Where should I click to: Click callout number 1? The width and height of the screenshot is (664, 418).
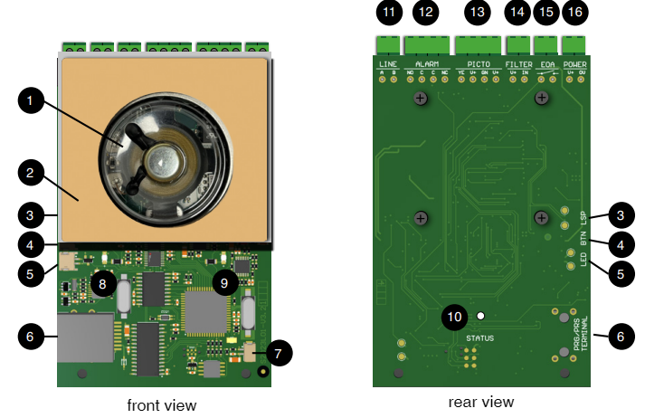31,102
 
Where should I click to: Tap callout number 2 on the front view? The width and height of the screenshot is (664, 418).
31,171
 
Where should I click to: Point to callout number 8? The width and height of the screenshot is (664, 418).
102,284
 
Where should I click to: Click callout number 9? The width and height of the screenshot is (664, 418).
224,282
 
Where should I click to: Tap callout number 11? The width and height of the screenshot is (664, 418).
389,13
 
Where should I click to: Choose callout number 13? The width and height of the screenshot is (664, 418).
478,13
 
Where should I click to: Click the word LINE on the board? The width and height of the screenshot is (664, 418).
387,65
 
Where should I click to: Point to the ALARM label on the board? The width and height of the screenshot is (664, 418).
426,65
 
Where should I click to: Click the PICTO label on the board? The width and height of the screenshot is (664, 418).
479,65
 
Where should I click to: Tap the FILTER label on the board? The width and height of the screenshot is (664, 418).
518,65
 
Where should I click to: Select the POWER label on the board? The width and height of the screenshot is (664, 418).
575,65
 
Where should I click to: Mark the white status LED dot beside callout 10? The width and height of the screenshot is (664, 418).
481,316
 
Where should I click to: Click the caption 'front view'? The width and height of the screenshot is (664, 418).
161,404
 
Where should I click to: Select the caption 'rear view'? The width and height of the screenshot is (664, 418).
480,402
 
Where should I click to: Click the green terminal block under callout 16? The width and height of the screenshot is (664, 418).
574,43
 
